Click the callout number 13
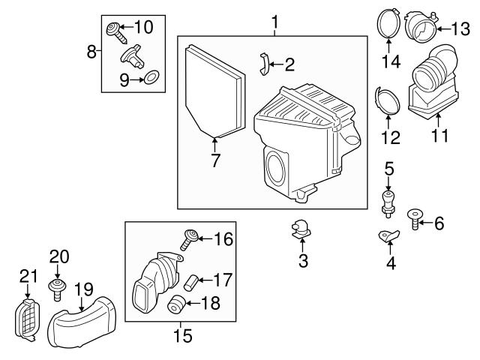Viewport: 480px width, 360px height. (x=460, y=29)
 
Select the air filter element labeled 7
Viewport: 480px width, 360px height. (x=214, y=91)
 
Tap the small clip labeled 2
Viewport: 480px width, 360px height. (x=265, y=64)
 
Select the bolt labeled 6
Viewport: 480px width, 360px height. (x=415, y=219)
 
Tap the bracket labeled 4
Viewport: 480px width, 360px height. (x=388, y=235)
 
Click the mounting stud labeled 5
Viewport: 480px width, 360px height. (x=388, y=203)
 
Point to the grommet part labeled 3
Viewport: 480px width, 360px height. (x=300, y=229)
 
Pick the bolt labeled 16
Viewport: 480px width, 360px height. (x=190, y=239)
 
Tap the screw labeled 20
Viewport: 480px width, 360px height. (x=58, y=289)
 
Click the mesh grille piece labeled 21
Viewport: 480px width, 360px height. (x=28, y=320)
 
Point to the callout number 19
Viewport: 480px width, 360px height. (x=84, y=290)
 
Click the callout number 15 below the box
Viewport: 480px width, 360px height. (x=183, y=335)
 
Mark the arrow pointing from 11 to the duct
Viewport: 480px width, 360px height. (x=438, y=120)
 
